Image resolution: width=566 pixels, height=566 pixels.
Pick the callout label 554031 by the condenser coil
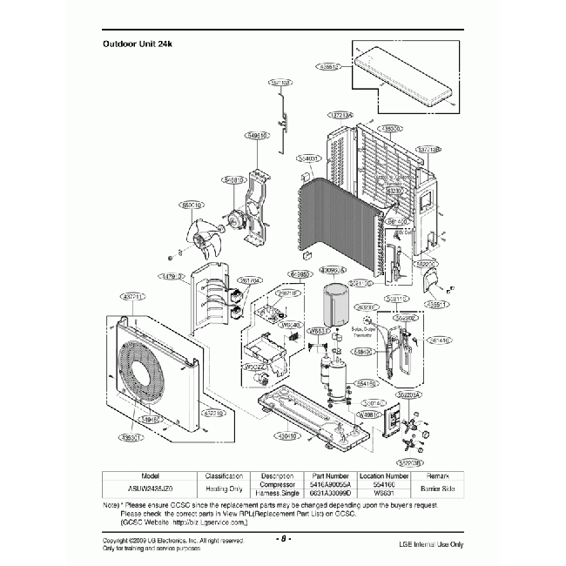tap(308, 158)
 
